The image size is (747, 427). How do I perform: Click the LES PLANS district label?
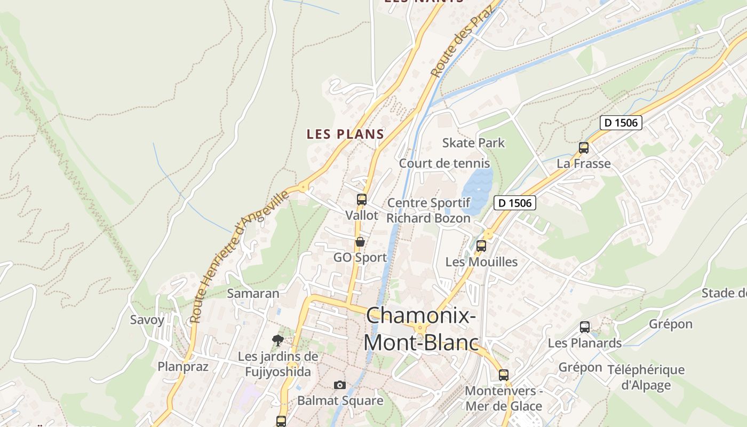coord(345,135)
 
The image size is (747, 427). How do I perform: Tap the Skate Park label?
coord(473,143)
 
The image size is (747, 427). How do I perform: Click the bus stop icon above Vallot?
coord(362,200)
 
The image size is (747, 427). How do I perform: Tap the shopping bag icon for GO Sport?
coord(360,242)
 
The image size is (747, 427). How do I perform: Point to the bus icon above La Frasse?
coord(584,148)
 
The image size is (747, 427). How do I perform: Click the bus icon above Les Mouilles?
coord(481,246)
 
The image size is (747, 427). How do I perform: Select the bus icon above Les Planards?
coord(585,327)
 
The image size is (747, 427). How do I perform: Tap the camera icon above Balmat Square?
coord(340,385)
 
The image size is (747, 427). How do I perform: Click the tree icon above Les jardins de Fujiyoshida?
coord(277,340)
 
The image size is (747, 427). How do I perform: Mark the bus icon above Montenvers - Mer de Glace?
coord(504,375)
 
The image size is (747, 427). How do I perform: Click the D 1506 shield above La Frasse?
coord(621,123)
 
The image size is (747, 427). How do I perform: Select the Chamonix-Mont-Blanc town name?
coord(420,329)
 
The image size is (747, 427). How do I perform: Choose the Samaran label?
coord(253,294)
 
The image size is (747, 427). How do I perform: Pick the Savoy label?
coord(147,320)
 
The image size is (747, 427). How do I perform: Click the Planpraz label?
coord(183,367)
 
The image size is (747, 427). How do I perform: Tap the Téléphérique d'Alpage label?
coord(646,377)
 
